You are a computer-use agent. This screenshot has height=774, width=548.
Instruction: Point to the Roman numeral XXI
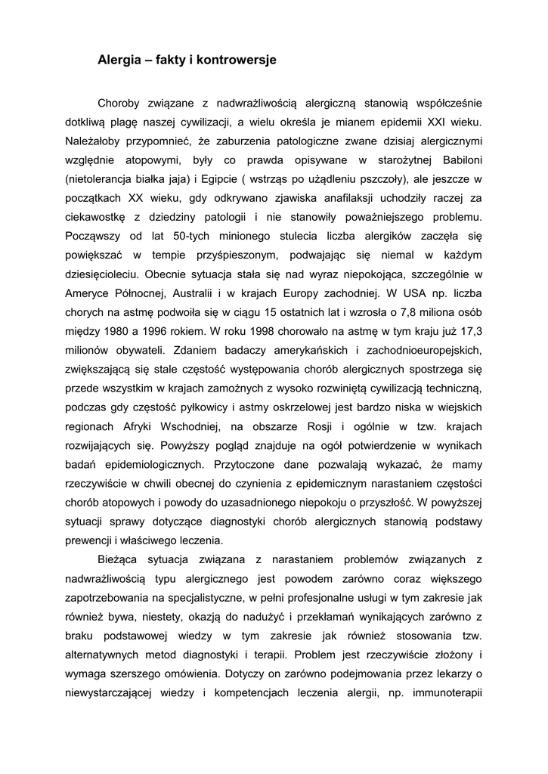click(440, 121)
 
